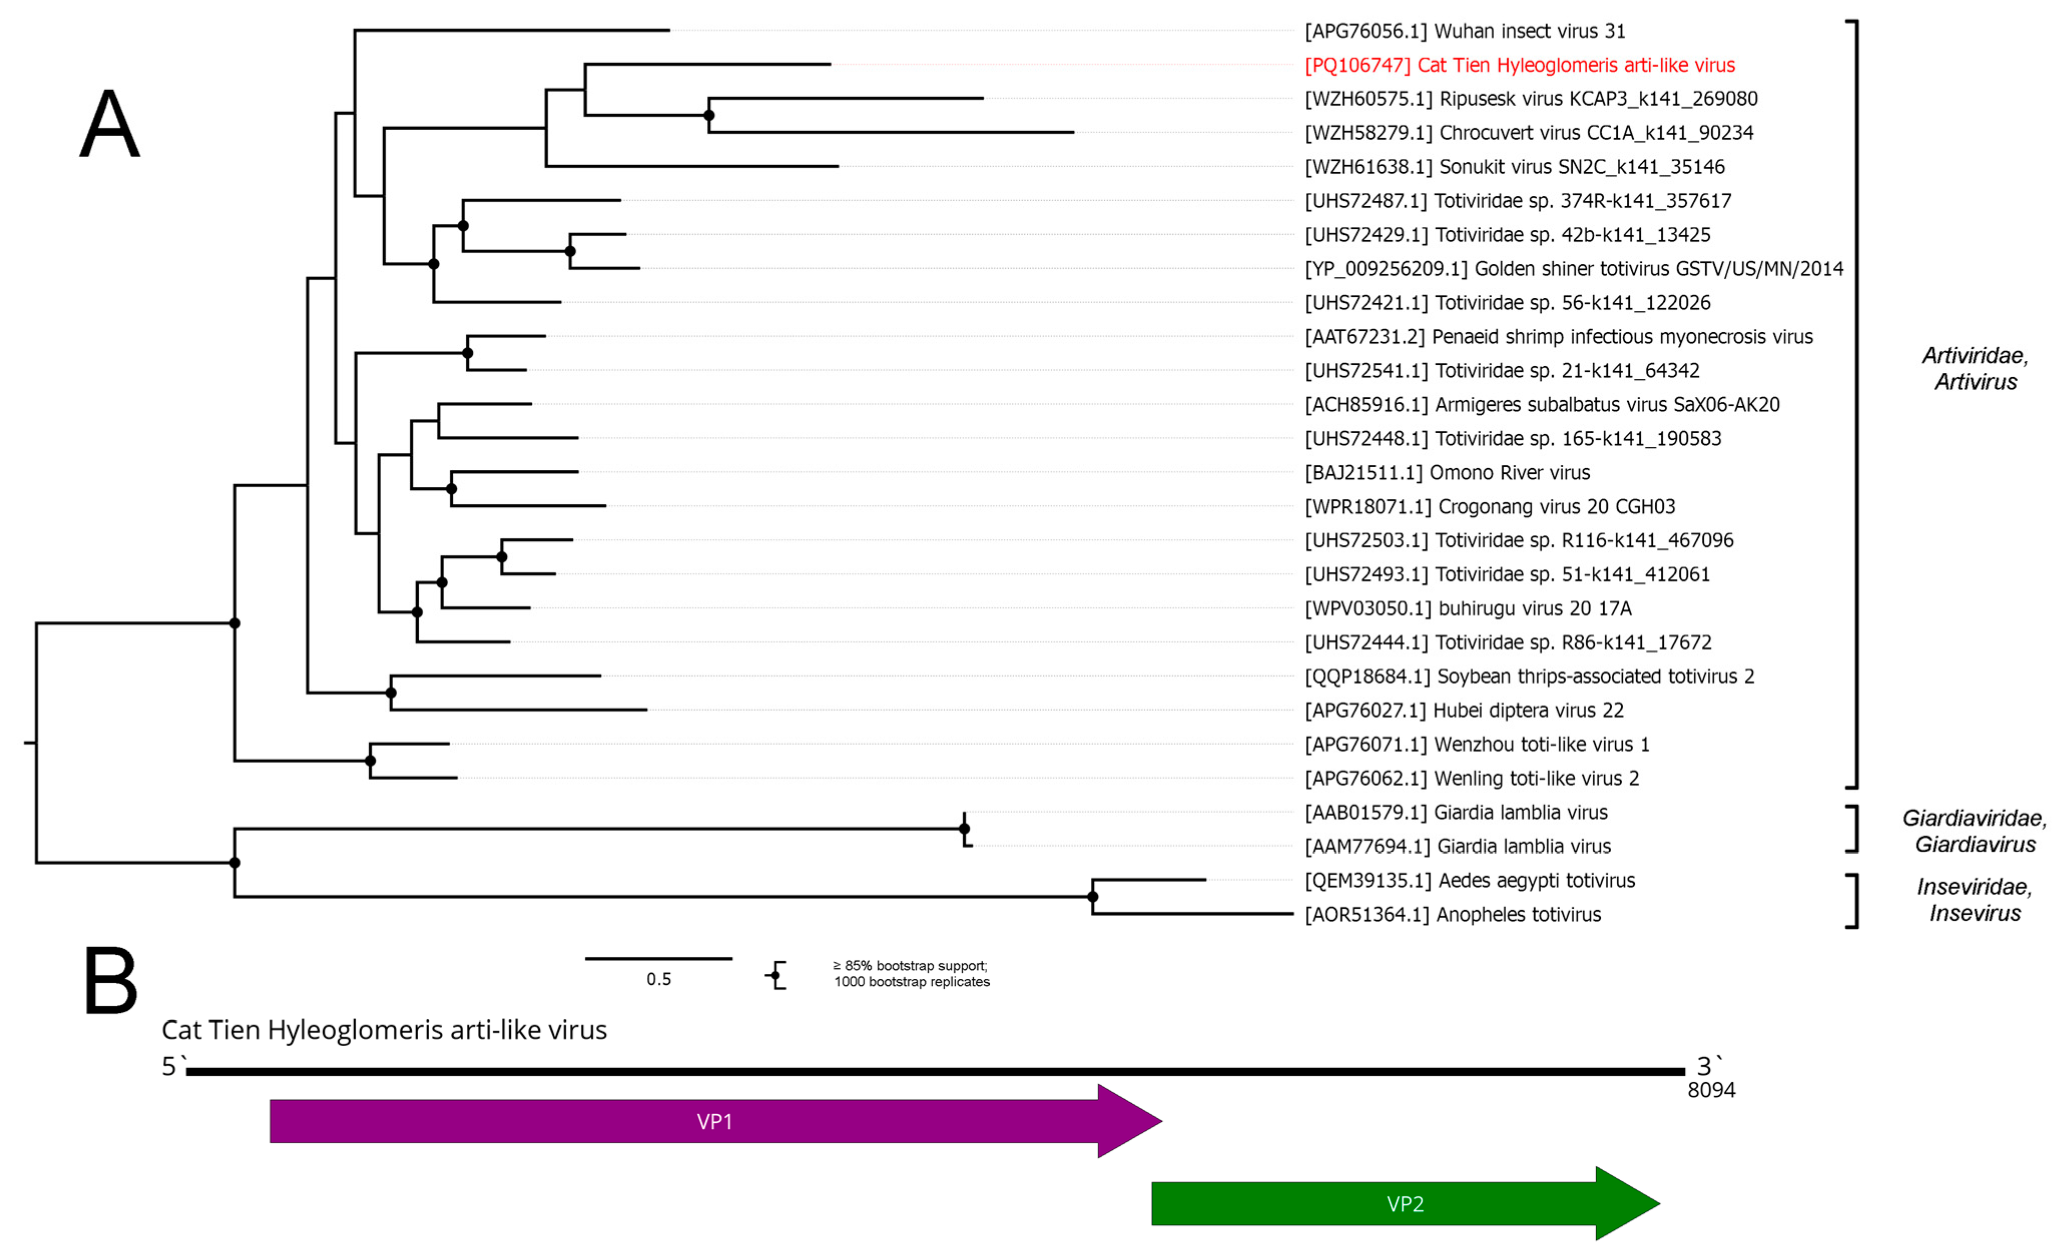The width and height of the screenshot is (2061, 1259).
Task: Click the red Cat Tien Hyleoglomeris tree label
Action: click(x=1519, y=65)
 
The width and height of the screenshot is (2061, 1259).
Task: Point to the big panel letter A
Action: click(x=110, y=124)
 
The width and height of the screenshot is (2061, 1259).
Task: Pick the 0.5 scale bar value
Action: click(x=658, y=979)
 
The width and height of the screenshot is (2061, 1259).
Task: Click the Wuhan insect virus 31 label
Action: click(x=1464, y=31)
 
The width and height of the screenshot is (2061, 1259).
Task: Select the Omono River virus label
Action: click(x=1447, y=473)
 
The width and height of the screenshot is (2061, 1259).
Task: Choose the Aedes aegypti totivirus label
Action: click(x=1469, y=880)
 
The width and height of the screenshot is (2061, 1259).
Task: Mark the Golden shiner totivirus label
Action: click(x=1573, y=268)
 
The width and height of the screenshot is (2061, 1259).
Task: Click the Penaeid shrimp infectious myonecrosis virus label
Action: click(x=1558, y=337)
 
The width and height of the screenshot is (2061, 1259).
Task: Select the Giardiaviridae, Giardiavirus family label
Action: click(x=1974, y=831)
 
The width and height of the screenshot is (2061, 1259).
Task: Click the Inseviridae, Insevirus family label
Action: click(x=1974, y=899)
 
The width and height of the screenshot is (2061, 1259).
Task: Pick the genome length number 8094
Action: click(x=1710, y=1089)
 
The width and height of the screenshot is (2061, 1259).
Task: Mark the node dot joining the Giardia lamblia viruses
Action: click(x=965, y=829)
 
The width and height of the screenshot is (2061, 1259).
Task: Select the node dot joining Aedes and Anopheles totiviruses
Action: click(x=1092, y=897)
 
